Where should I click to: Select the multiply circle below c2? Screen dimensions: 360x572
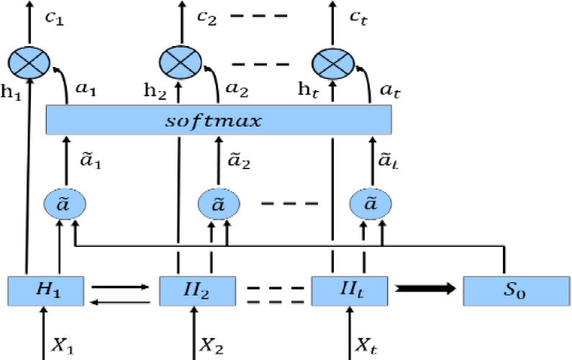coord(179,62)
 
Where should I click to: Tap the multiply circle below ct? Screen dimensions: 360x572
coord(332,62)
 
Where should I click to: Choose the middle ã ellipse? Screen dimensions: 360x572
coord(219,204)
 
